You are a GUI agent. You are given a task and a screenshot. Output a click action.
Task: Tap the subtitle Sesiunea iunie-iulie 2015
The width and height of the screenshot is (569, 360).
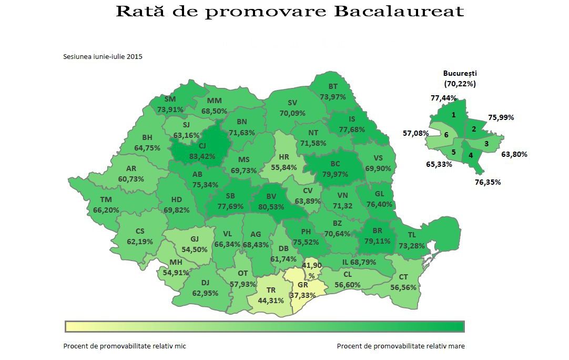click(103, 56)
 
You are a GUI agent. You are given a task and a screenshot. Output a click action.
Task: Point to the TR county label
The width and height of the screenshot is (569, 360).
click(271, 290)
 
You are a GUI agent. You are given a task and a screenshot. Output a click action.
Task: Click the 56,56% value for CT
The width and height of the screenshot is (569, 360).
click(403, 287)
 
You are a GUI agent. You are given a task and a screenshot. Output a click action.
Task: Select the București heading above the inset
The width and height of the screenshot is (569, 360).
click(460, 74)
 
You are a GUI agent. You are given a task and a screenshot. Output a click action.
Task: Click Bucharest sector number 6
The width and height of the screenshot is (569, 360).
click(446, 135)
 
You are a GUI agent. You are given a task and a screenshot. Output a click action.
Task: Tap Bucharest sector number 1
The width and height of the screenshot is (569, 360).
click(453, 115)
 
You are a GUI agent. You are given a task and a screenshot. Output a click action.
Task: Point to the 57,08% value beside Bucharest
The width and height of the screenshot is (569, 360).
click(416, 133)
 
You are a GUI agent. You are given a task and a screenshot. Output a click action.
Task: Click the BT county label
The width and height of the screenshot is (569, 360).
click(332, 87)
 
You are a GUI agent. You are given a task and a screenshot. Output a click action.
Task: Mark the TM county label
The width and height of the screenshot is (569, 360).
click(106, 200)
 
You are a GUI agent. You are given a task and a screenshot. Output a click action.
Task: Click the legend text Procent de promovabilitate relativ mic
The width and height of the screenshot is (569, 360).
click(125, 346)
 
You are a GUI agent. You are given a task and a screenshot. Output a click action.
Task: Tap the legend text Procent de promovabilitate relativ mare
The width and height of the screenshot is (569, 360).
click(400, 346)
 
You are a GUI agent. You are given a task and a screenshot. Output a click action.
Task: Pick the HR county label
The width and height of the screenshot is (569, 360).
click(284, 157)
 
